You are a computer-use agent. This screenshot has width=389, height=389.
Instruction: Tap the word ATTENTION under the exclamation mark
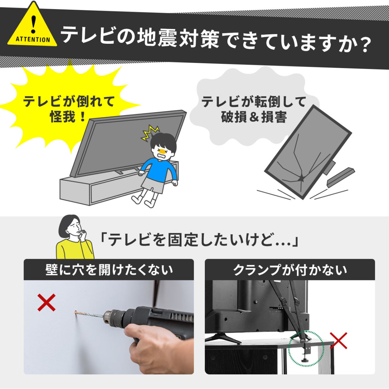click(x=33, y=39)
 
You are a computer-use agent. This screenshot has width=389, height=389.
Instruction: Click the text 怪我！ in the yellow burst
click(x=68, y=117)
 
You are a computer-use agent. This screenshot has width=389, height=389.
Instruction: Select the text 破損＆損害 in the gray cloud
click(x=254, y=117)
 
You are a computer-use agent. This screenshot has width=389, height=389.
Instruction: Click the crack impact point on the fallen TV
click(x=301, y=178)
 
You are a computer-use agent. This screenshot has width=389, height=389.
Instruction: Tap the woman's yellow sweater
click(x=75, y=249)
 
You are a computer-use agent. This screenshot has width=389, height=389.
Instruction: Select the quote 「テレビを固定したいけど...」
click(x=199, y=240)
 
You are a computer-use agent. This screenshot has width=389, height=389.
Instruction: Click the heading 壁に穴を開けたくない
click(x=109, y=270)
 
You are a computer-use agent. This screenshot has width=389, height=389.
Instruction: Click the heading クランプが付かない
click(x=290, y=270)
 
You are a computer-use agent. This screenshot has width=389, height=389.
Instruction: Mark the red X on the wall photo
click(x=46, y=302)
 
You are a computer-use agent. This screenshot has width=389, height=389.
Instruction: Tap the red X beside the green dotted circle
click(x=338, y=341)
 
